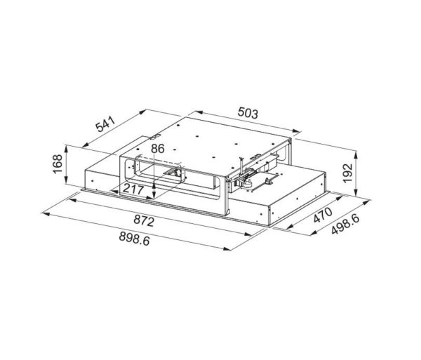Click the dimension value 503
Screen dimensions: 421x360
pos(248,113)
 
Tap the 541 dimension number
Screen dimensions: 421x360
pos(106,124)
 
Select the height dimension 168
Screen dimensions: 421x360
pos(58,164)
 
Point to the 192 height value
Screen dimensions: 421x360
pos(348,173)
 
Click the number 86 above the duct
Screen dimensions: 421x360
pos(157,149)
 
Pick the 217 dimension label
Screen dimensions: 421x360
pos(133,189)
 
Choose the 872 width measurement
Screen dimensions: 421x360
pos(144,222)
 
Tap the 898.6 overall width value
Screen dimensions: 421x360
pos(134,239)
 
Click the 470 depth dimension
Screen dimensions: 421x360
pos(323,215)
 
